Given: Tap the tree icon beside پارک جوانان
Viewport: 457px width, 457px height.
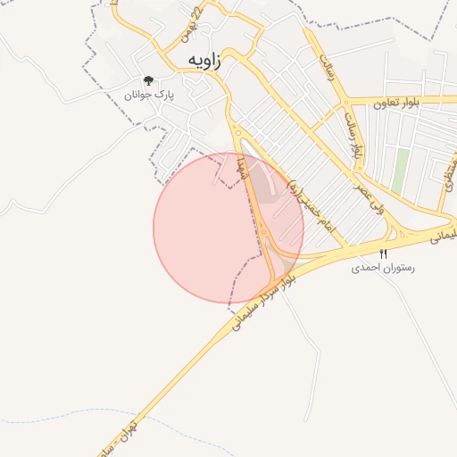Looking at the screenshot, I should click(x=148, y=80).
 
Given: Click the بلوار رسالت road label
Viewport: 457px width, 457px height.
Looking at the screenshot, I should click(x=353, y=134).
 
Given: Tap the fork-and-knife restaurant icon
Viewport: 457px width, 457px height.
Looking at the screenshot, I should click(x=384, y=253).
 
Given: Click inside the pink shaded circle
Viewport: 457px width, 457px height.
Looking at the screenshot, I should click(x=205, y=237).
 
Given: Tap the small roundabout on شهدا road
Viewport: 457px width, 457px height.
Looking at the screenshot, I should click(x=264, y=234).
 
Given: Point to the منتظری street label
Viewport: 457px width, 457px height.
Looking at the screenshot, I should click(x=446, y=179).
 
